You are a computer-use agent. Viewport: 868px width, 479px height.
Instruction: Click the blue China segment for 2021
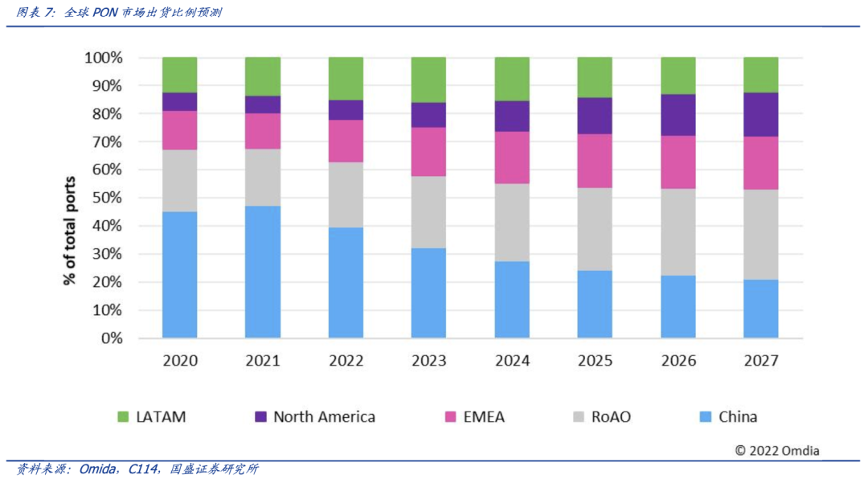[x=263, y=272]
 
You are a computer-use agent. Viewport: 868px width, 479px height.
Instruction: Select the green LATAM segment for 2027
[x=760, y=75]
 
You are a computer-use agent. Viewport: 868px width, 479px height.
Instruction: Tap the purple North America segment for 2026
[x=678, y=115]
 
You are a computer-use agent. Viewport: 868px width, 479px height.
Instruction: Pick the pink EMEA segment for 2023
[x=428, y=152]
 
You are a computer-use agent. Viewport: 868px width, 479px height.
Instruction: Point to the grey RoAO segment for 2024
[x=512, y=223]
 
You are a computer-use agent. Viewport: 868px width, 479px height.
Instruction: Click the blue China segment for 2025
[x=595, y=304]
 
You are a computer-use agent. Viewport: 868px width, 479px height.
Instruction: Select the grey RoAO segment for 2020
[x=179, y=181]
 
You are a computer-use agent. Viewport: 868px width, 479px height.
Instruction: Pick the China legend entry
[x=728, y=417]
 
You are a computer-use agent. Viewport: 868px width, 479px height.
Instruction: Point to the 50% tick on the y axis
[x=106, y=198]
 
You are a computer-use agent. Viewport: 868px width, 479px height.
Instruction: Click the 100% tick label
[x=103, y=58]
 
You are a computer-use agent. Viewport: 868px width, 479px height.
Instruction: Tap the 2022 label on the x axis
[x=346, y=361]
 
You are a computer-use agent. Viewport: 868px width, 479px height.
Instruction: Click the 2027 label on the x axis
[x=760, y=361]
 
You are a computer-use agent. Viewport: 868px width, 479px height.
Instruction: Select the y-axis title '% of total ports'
[x=70, y=231]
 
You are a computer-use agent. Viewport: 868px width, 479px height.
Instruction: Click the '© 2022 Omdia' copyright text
[x=776, y=451]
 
